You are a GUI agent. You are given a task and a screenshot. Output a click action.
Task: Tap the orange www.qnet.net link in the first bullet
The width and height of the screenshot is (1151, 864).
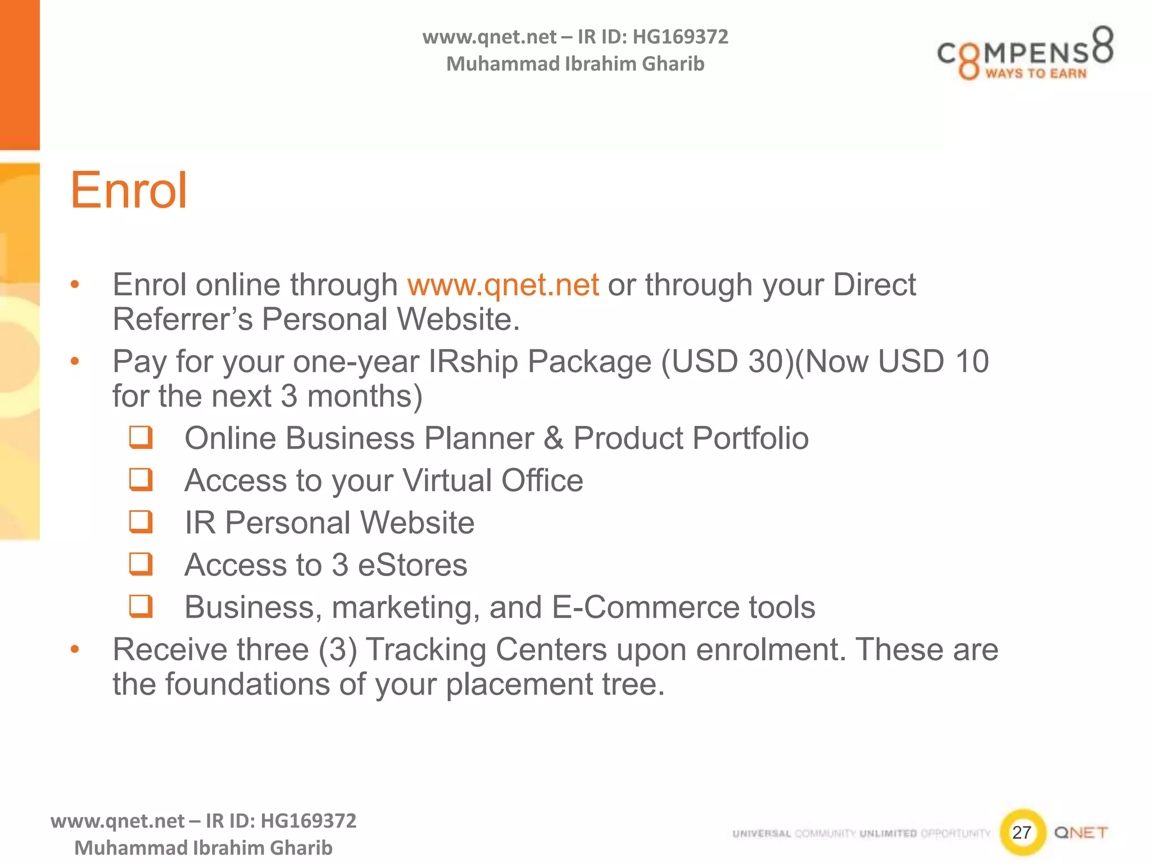point(503,285)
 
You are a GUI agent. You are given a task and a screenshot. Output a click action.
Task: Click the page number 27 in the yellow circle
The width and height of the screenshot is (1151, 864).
point(1021,832)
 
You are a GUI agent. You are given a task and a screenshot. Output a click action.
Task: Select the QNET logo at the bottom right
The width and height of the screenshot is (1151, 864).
point(1081,832)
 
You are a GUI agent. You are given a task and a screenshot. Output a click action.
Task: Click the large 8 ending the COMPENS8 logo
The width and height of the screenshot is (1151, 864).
point(1102,44)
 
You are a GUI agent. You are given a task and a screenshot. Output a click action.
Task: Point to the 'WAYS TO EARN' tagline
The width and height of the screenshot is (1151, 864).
point(1036,74)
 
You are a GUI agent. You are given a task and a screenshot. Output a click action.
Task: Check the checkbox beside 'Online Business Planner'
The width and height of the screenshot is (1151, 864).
point(141,438)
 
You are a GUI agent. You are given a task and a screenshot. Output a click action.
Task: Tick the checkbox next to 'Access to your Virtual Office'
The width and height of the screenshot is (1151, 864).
point(141,480)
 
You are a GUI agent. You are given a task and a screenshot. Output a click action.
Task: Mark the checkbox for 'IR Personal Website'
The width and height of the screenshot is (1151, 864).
point(141,522)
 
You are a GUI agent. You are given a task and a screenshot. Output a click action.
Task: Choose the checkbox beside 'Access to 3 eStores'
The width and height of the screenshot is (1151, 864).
point(141,564)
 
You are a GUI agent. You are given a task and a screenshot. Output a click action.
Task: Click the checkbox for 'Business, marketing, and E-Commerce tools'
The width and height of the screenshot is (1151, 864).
point(141,606)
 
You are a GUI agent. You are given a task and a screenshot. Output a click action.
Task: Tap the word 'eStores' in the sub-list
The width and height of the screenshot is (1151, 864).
point(413,565)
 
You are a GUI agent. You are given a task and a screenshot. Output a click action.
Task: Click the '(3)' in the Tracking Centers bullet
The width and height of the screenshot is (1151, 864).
point(338,650)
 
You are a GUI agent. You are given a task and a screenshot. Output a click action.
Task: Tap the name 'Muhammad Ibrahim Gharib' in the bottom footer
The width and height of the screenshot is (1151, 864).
point(203,848)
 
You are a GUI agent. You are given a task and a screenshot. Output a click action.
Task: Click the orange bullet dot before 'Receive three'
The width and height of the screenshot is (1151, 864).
point(75,650)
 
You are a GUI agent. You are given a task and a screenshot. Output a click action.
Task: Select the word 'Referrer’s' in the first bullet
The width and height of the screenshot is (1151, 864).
point(183,319)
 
